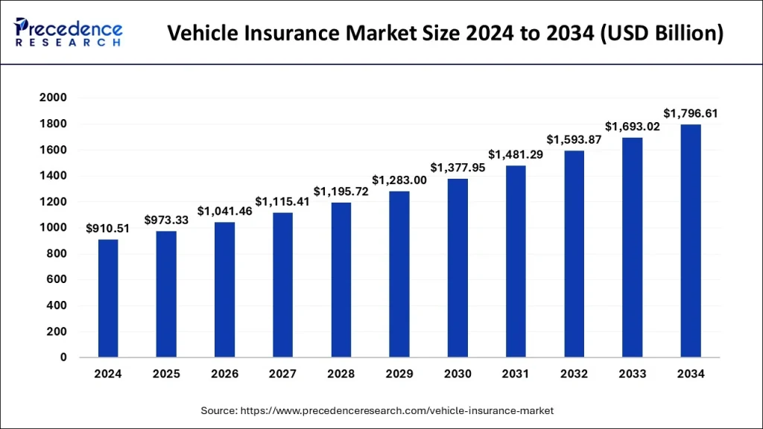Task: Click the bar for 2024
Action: [108, 298]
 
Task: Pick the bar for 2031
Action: [516, 261]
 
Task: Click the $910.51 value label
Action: [108, 229]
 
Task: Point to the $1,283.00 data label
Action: [399, 180]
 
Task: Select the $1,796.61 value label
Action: [691, 113]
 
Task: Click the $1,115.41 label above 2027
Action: [282, 202]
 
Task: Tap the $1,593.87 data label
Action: [574, 139]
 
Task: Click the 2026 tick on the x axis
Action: [224, 374]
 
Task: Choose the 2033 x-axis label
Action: [633, 374]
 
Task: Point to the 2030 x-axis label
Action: [458, 374]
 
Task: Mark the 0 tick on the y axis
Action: [64, 357]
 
